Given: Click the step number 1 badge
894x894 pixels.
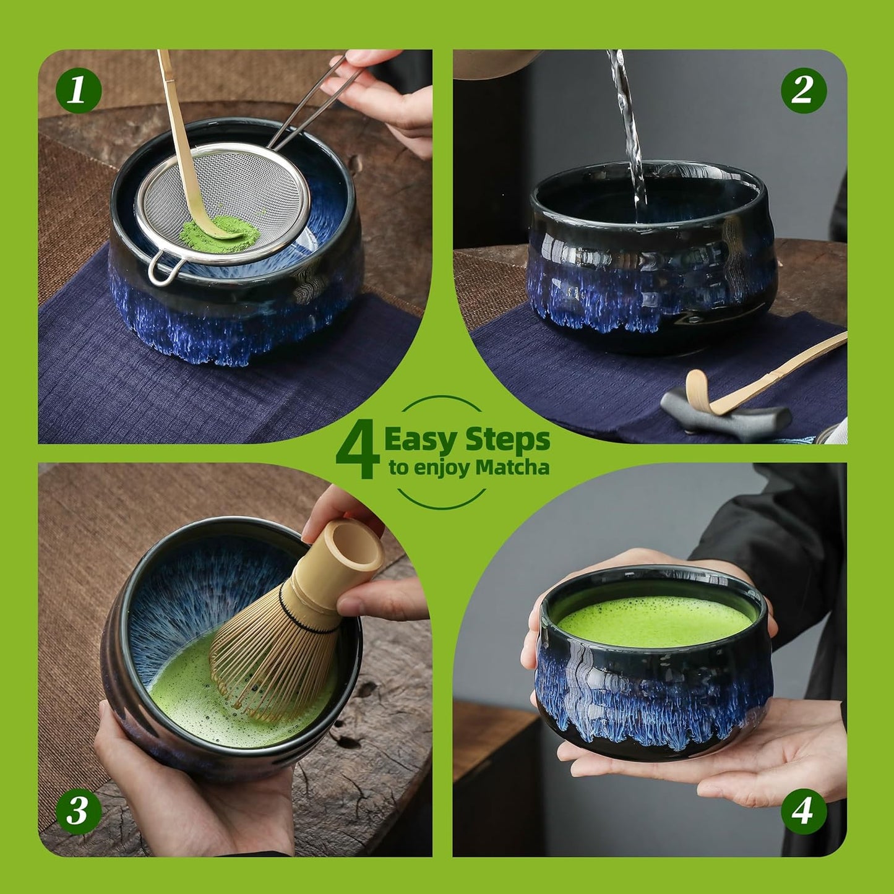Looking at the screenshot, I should click(x=79, y=90).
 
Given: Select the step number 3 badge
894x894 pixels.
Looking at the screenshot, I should click(x=79, y=810).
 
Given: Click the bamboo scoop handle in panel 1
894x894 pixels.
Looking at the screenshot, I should click(x=176, y=124).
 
